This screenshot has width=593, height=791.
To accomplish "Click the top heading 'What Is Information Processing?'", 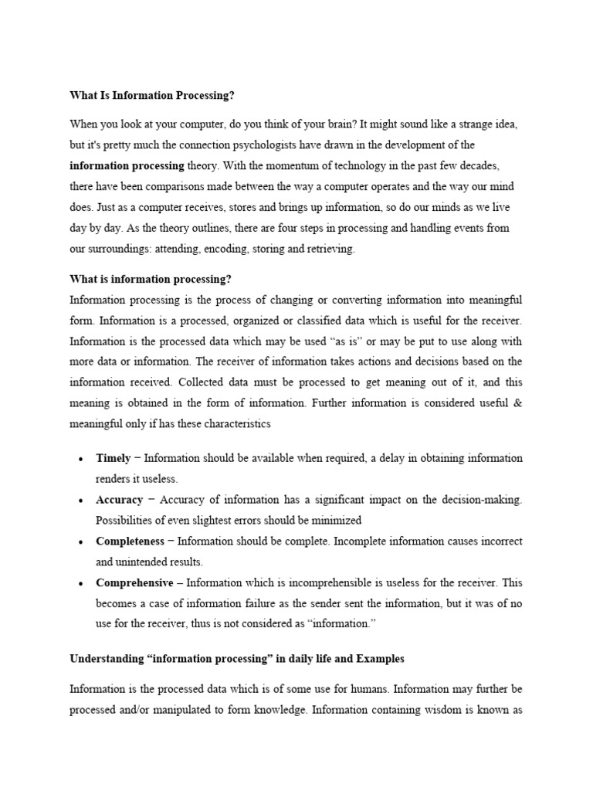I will pyautogui.click(x=151, y=96).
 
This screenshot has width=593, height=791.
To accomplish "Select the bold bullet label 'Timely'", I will pyautogui.click(x=114, y=458).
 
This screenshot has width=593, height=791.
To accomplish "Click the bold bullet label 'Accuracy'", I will pyautogui.click(x=119, y=500).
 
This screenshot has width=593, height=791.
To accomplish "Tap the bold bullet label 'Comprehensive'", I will pyautogui.click(x=134, y=582).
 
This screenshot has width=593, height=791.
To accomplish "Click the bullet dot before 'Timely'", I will pyautogui.click(x=80, y=459).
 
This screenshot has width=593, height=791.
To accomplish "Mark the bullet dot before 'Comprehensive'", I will pyautogui.click(x=80, y=583).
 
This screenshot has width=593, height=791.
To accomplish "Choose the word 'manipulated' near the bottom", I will pyautogui.click(x=191, y=708).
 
